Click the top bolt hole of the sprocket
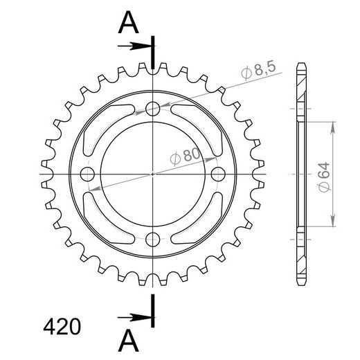pyautogui.click(x=153, y=108)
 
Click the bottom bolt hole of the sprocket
pyautogui.click(x=153, y=239)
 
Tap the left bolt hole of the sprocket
pyautogui.click(x=87, y=173)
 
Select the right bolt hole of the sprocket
pyautogui.click(x=218, y=173)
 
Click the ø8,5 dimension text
pyautogui.click(x=259, y=70)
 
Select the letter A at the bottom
pyautogui.click(x=128, y=342)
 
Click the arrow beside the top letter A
pyautogui.click(x=136, y=46)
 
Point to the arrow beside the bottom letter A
pyautogui.click(x=136, y=316)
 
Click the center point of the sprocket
pyautogui.click(x=153, y=173)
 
